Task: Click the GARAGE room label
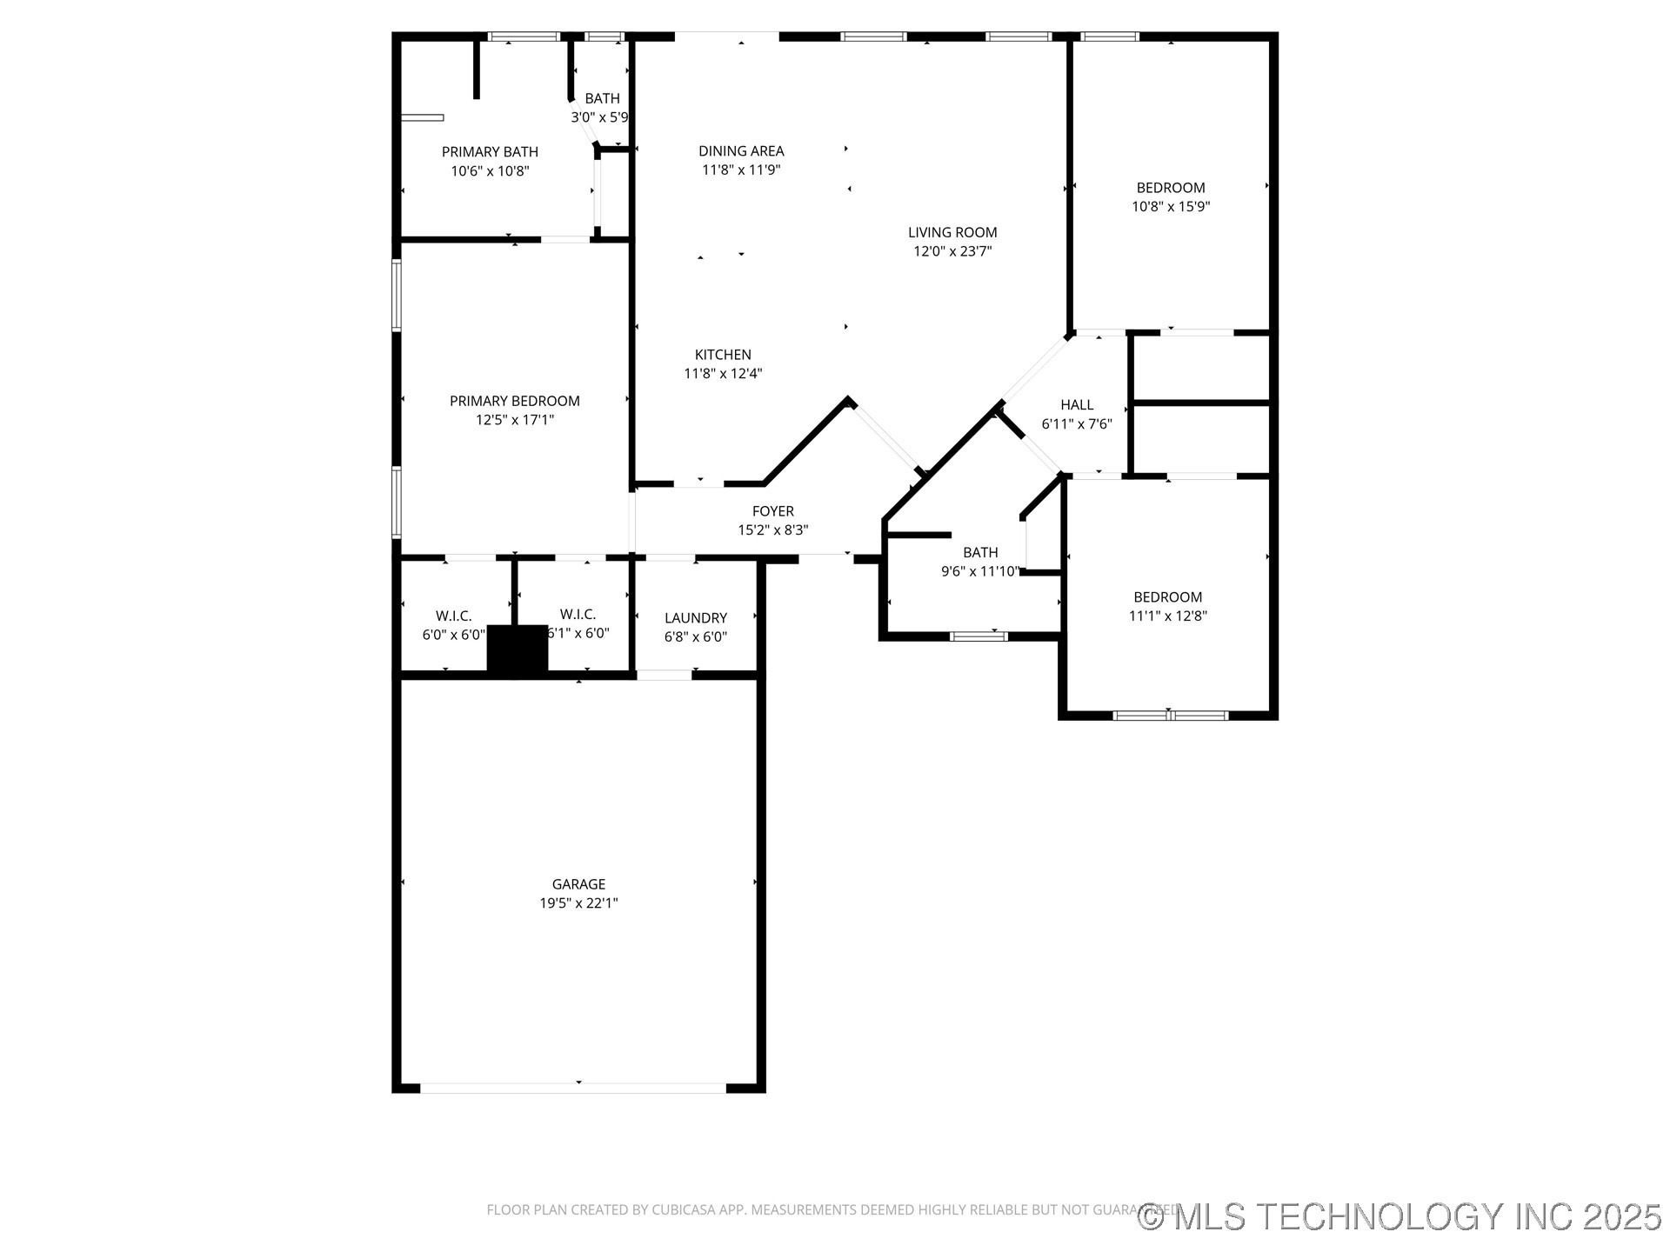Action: point(578,884)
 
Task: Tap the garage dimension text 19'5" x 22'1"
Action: point(578,903)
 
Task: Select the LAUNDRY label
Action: point(695,618)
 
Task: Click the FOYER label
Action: point(772,511)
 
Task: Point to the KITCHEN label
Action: point(723,355)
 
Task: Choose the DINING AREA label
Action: point(741,151)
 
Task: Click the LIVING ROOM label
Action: point(952,232)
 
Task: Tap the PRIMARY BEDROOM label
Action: point(514,401)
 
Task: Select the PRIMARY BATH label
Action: point(490,152)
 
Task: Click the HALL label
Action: point(1077,405)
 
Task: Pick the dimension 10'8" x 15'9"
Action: point(1171,207)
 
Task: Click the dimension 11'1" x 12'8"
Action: point(1167,616)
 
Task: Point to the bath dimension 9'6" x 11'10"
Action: point(980,571)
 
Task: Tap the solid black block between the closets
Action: point(517,649)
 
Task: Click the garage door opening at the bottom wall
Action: point(573,1088)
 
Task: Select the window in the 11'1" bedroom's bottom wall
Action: point(1170,716)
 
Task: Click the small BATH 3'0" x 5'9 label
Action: point(602,99)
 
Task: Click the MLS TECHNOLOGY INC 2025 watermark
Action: point(1400,1217)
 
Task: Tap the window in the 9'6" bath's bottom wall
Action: point(979,636)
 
